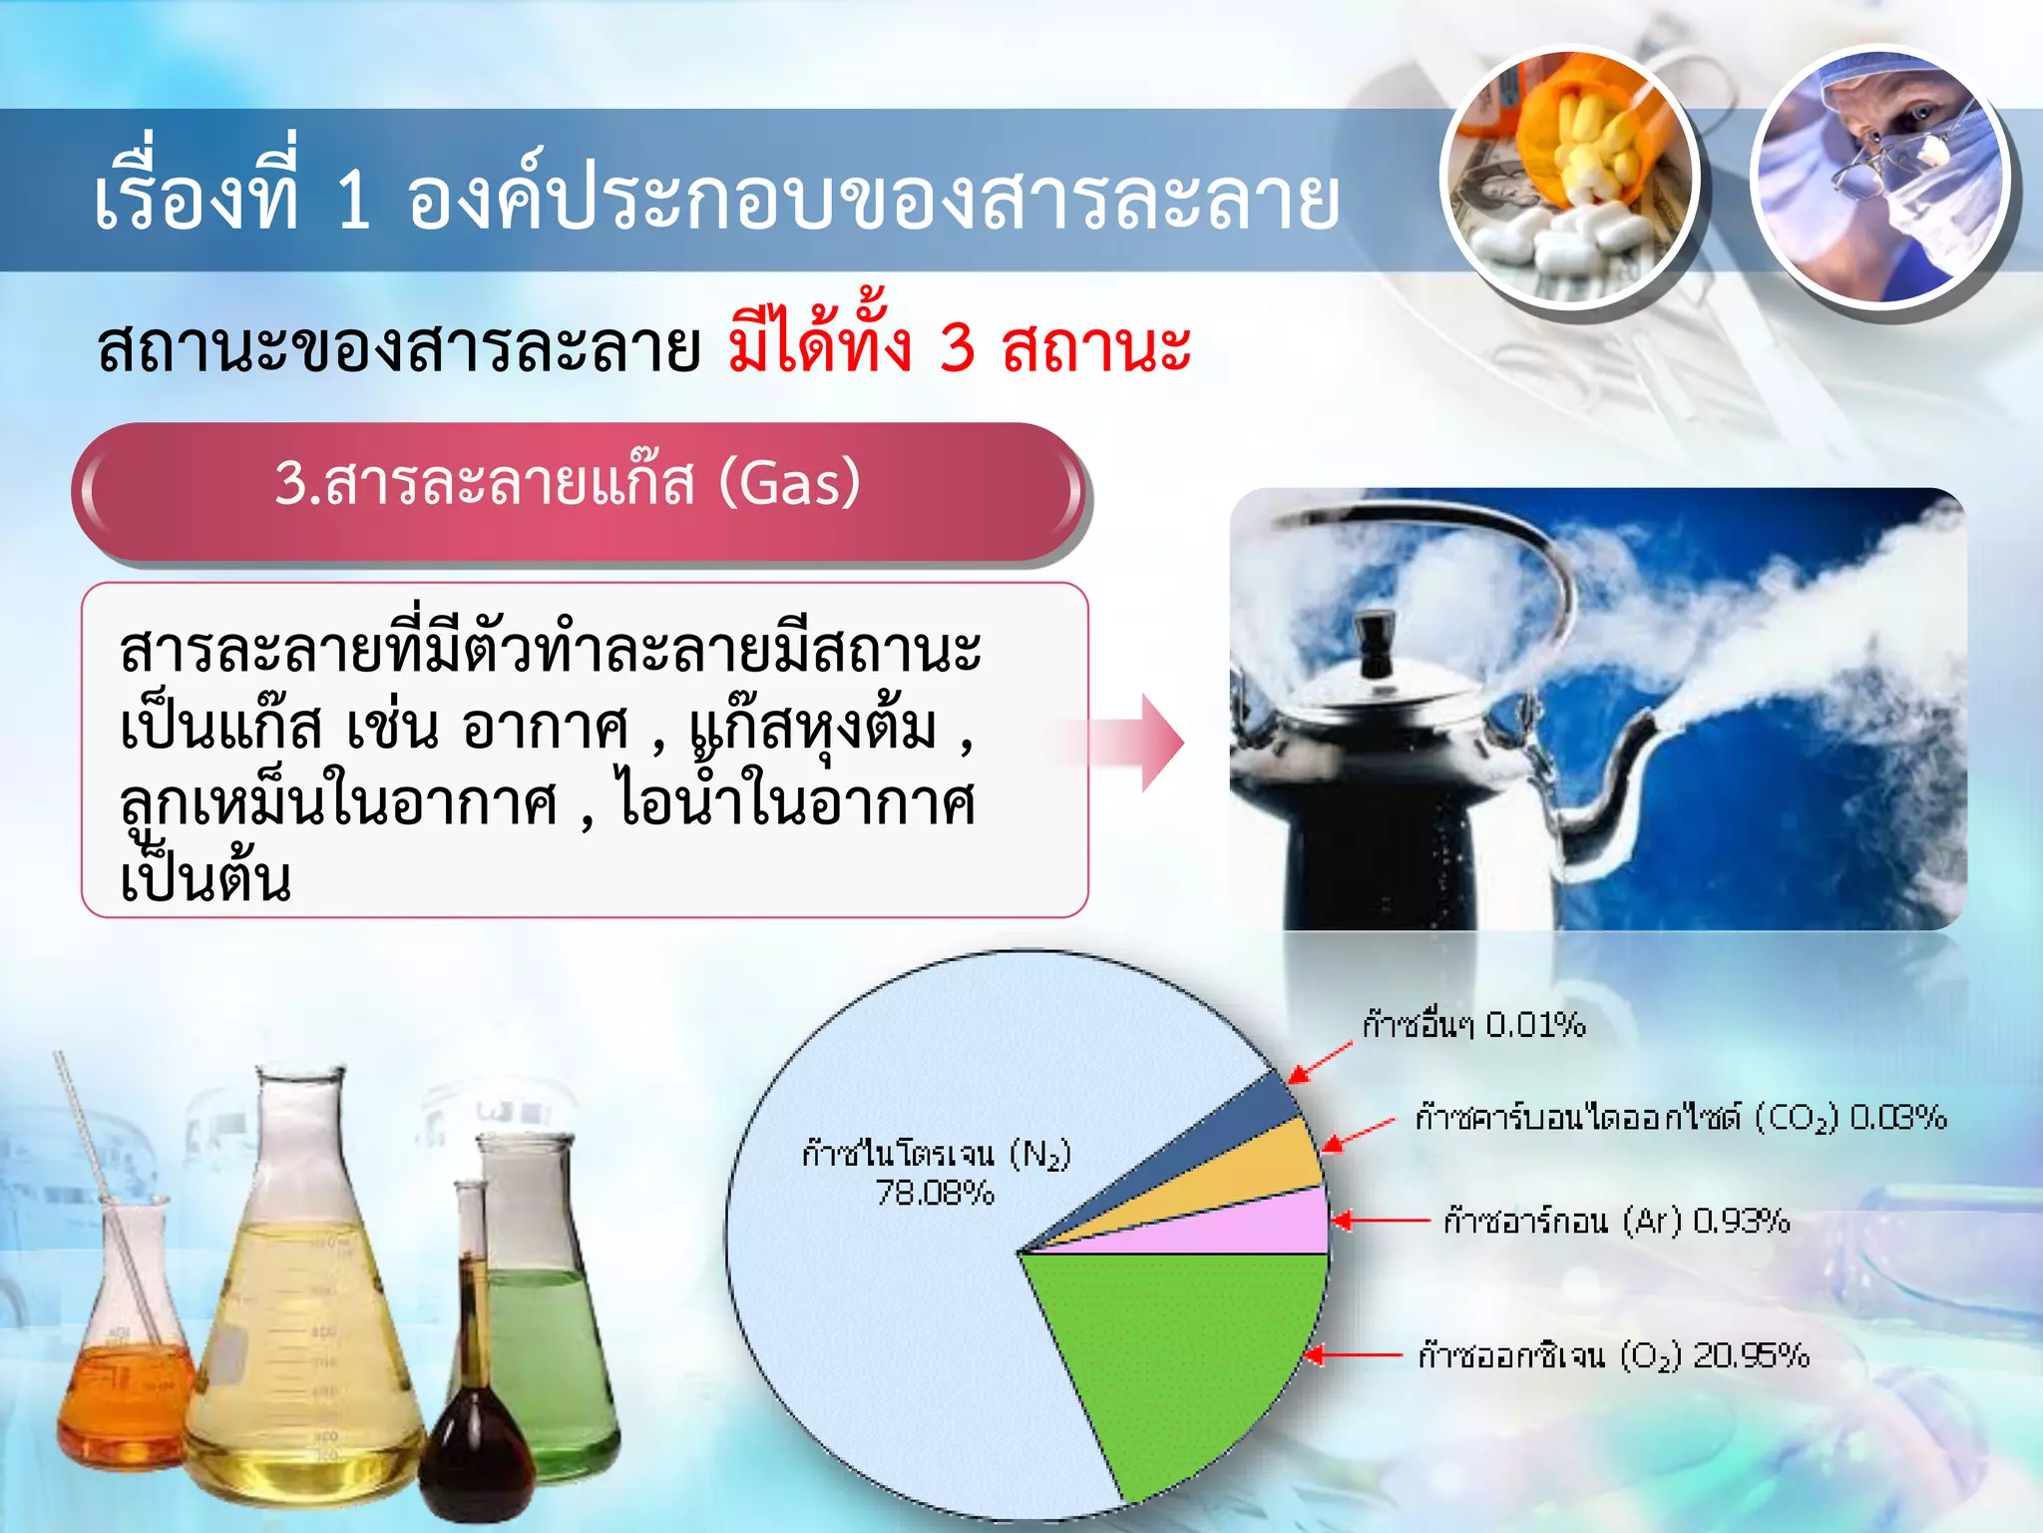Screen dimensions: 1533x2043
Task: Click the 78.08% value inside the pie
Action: (935, 1193)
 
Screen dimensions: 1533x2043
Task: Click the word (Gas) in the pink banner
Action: (789, 483)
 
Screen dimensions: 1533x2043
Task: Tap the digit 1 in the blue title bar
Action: (353, 200)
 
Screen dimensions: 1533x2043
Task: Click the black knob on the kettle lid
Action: (1376, 644)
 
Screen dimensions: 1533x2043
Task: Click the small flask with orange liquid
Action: (125, 1387)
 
